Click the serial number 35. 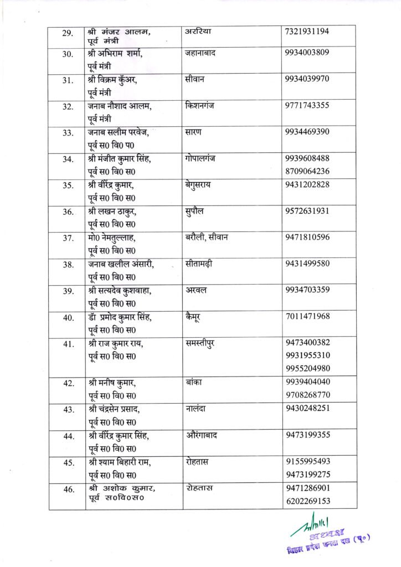pyautogui.click(x=68, y=186)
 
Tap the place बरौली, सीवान pyautogui.click(x=211, y=238)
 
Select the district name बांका pyautogui.click(x=194, y=382)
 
